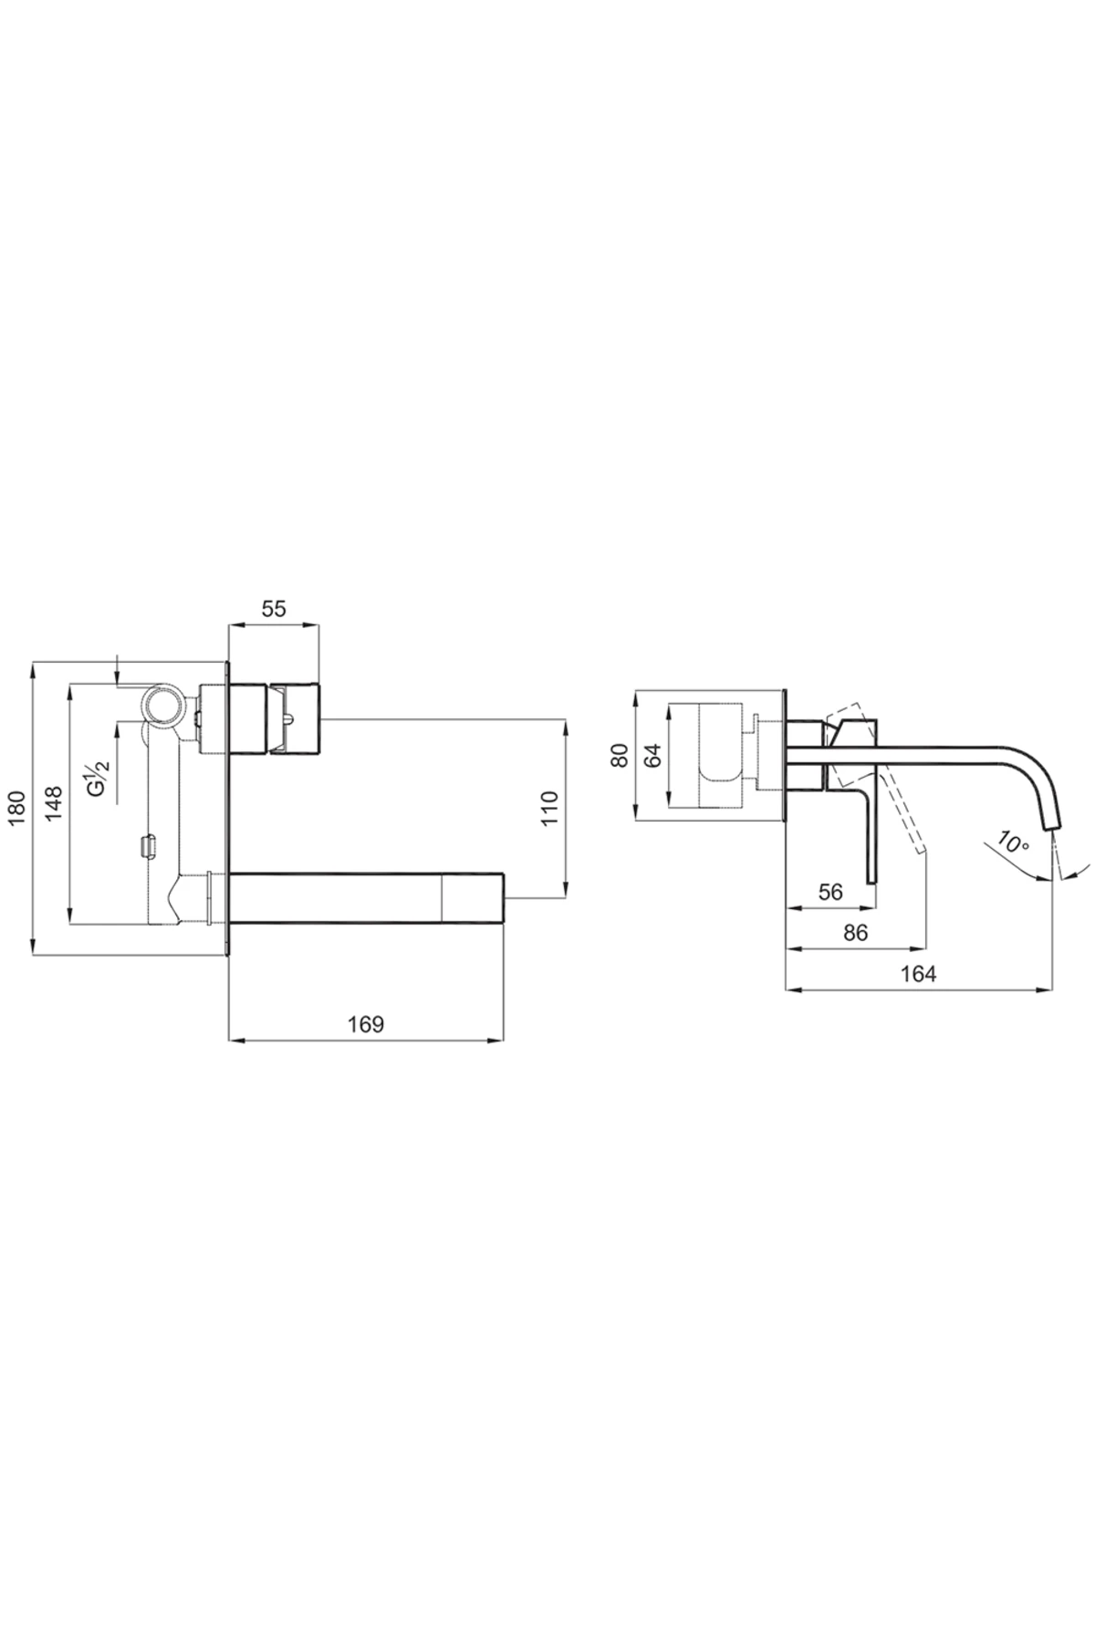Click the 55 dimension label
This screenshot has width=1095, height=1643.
coord(274,610)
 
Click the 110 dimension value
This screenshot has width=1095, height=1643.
coord(549,809)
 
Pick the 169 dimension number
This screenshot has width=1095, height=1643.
coord(366,1024)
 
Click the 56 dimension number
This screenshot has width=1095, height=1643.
coord(830,892)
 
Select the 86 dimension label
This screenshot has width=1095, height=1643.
coord(855,933)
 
